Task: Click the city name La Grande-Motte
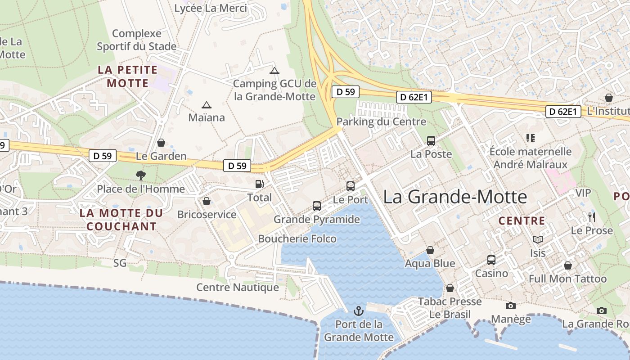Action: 455,197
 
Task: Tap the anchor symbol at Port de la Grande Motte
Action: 359,310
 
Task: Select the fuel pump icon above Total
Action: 259,184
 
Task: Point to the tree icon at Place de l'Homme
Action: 141,175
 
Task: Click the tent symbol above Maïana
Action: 207,105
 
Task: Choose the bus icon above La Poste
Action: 431,140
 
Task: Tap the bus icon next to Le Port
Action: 351,186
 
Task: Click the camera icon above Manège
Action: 510,306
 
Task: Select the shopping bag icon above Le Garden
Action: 161,143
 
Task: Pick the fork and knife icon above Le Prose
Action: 592,217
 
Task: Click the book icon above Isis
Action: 537,239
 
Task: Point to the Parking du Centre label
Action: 381,121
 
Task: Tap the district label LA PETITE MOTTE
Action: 127,76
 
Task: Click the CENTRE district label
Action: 522,221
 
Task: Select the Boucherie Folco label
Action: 297,238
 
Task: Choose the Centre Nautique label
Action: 238,287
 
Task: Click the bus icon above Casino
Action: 491,260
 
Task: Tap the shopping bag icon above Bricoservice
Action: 207,201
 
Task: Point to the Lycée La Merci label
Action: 211,8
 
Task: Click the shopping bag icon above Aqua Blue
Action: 430,250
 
